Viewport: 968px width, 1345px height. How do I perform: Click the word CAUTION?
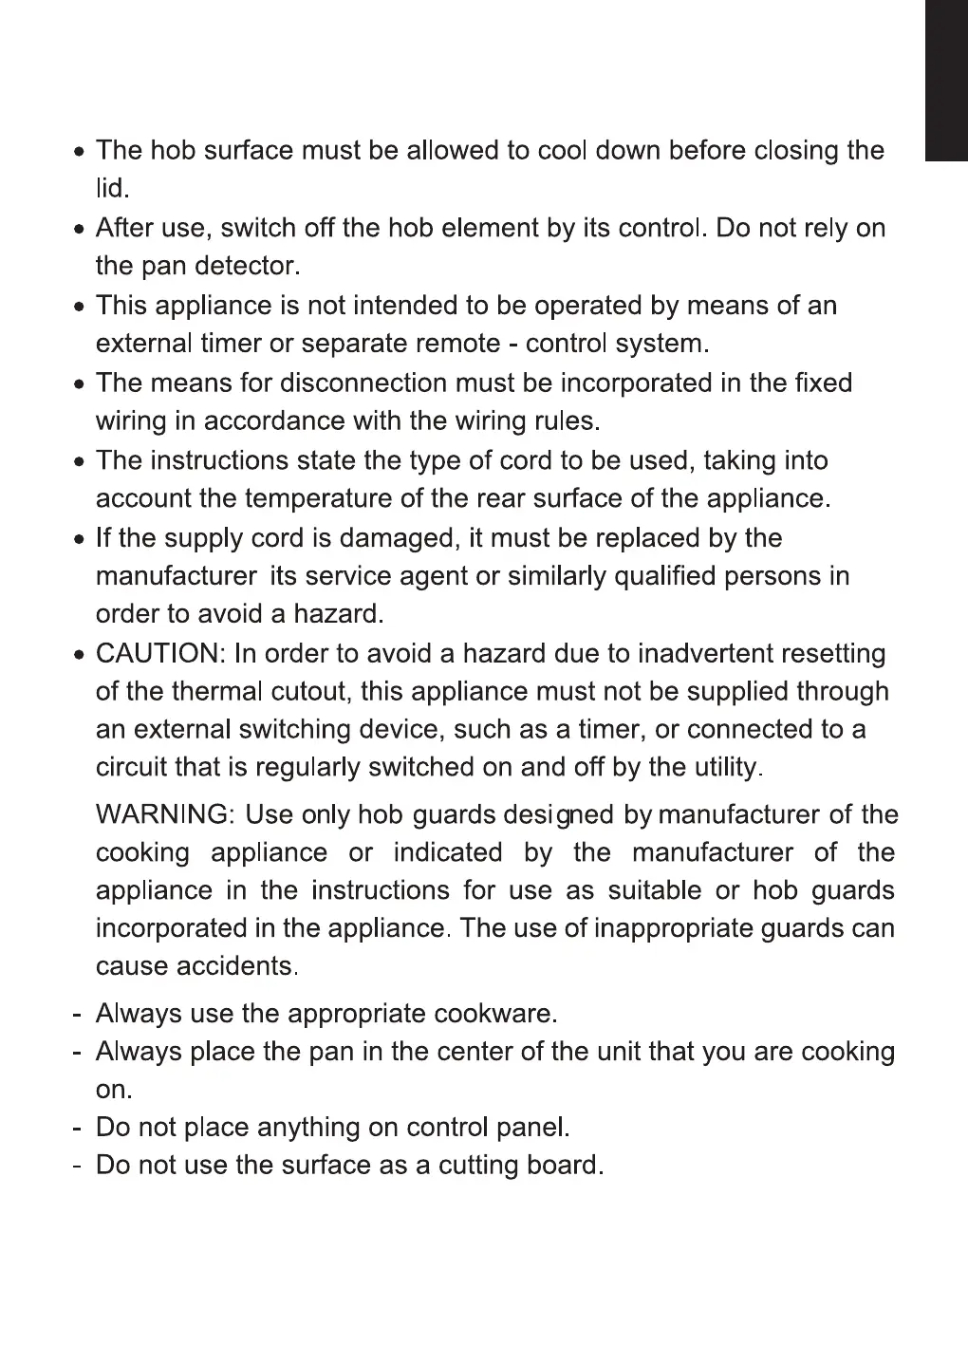click(157, 654)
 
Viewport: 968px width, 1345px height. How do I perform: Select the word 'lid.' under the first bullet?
click(111, 189)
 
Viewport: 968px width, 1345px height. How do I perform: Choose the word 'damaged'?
click(399, 539)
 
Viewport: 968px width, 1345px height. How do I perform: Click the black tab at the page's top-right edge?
click(946, 81)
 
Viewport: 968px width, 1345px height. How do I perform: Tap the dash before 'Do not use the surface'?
click(75, 1166)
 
